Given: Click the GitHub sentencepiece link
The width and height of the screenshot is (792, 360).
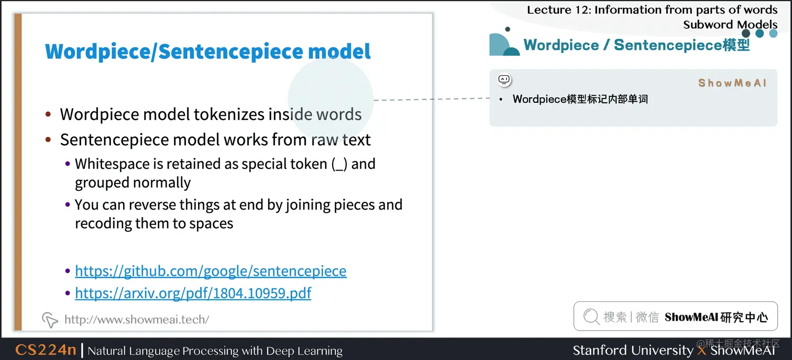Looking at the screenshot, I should coord(211,271).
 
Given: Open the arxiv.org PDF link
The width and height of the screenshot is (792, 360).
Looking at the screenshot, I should coord(193,292).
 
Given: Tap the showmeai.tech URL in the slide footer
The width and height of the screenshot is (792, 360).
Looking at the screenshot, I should coord(137,319).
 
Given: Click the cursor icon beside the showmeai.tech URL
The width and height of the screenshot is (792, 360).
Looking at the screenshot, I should coord(49,319).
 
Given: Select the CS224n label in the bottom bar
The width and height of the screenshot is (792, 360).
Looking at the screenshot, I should coord(46,350).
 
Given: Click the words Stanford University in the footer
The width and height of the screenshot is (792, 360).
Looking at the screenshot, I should coord(633,350).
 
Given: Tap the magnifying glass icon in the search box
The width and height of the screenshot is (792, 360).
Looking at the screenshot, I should coord(591,317).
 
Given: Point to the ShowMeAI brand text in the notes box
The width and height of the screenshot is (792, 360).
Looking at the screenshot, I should coord(732,83).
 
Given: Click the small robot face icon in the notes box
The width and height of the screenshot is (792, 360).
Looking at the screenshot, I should coord(504,80).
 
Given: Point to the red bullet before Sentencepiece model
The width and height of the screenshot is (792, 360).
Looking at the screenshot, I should coord(48,140).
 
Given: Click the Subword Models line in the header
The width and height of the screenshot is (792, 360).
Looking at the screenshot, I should coord(730,24).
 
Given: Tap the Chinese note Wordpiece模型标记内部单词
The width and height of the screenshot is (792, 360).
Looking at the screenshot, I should coord(580,99).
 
